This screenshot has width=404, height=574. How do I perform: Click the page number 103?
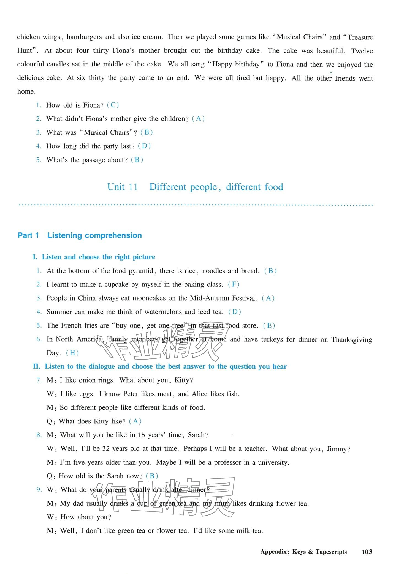click(x=367, y=552)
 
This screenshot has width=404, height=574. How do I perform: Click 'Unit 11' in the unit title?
click(x=122, y=187)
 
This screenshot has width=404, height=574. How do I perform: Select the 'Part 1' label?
click(x=28, y=235)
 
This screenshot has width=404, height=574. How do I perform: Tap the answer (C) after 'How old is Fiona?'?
click(x=113, y=105)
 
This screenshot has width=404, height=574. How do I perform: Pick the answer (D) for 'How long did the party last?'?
click(x=144, y=146)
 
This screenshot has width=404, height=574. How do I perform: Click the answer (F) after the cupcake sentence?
click(x=234, y=284)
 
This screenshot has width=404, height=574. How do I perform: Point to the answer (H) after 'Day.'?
click(x=72, y=353)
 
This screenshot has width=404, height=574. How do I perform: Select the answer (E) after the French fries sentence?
click(x=269, y=325)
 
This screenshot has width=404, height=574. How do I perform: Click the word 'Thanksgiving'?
click(x=352, y=339)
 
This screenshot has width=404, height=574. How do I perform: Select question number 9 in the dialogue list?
click(x=39, y=490)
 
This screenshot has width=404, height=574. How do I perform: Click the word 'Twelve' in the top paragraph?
click(x=362, y=51)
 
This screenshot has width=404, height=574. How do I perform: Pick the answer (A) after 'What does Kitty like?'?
click(x=135, y=421)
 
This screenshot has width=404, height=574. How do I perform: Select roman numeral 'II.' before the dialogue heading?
click(x=37, y=366)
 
